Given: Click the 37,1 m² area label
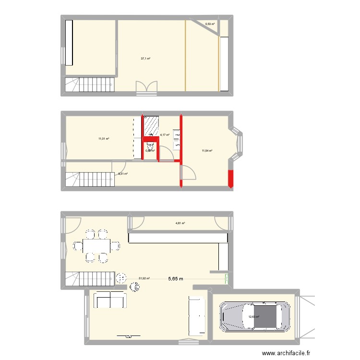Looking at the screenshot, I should tap(145, 59).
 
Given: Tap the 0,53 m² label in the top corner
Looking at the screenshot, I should tap(210, 23).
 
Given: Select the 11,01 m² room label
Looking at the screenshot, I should tap(104, 139).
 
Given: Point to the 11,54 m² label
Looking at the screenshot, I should tap(207, 151).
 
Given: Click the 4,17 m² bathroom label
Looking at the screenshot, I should tap(165, 135).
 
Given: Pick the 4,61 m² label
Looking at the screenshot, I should tap(180, 223).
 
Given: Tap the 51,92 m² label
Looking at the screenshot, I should tap(144, 278).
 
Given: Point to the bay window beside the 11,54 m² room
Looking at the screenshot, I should tap(238, 143).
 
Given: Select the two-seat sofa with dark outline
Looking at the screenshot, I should tap(110, 300).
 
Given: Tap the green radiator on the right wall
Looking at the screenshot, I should tap(227, 277).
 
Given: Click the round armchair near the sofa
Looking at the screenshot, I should tap(135, 288).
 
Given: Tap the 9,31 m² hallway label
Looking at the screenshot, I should tap(122, 174).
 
